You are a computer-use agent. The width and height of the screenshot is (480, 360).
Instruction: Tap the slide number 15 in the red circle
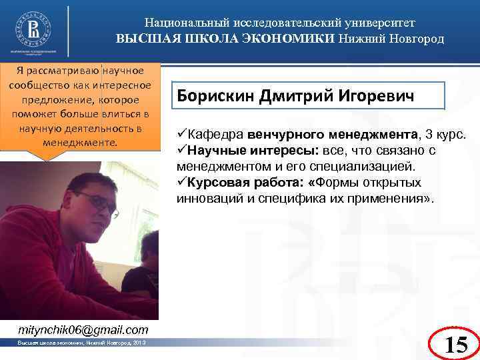pos(455,344)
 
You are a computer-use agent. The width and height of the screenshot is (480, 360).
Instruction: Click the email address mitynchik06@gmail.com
pos(83,330)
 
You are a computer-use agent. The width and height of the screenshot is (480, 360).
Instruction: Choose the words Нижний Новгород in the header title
pos(391,38)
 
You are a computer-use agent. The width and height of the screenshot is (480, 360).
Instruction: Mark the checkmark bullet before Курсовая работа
pos(181,183)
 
